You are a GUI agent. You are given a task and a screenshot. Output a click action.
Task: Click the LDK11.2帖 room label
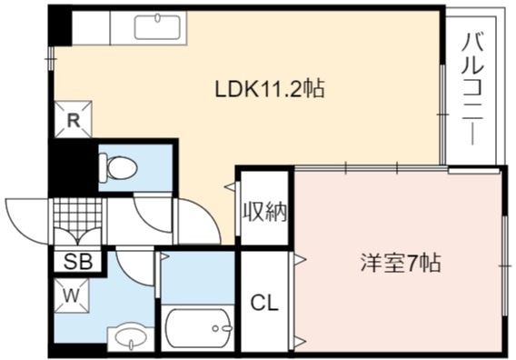[270, 89]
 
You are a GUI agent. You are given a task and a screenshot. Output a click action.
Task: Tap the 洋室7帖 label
[401, 263]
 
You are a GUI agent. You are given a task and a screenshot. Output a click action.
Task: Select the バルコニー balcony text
[472, 89]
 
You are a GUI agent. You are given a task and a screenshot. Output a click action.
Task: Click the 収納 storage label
[265, 212]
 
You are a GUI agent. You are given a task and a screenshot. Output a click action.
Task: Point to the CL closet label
[264, 303]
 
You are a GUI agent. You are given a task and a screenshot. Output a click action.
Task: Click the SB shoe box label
[77, 262]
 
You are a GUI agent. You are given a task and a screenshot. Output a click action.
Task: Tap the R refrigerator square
[73, 120]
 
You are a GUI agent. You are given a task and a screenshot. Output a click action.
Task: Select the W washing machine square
[72, 295]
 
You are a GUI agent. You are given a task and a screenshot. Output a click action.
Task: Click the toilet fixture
[118, 166]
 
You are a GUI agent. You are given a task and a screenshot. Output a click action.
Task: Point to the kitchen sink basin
[157, 26]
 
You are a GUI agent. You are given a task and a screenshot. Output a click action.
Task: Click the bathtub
[198, 328]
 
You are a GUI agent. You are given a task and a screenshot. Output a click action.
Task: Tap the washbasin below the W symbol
[132, 338]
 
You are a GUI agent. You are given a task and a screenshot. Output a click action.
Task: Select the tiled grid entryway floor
[77, 214]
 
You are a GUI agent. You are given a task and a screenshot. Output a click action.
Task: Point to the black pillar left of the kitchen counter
[60, 26]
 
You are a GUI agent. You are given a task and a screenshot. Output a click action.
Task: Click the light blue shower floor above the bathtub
[198, 277]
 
